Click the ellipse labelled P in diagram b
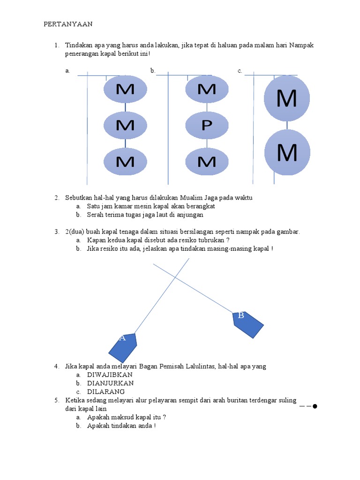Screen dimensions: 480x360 [207, 126]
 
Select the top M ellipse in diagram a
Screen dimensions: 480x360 [125, 89]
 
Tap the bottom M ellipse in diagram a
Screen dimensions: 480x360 [125, 161]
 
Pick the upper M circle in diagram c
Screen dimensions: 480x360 [287, 98]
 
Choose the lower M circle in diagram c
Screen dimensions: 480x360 [287, 153]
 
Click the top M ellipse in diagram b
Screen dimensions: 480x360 [207, 89]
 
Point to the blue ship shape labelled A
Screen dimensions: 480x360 [123, 347]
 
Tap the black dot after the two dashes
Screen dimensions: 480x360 [315, 406]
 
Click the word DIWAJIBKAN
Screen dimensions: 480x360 [110, 375]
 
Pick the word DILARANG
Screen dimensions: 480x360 [106, 391]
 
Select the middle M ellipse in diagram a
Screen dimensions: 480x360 [125, 125]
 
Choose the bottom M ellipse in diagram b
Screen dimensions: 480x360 [207, 161]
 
